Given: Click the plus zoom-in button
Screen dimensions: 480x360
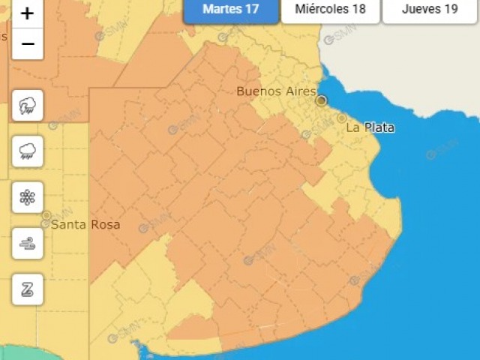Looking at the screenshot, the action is tap(28, 13).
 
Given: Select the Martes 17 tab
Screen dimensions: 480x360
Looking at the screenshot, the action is tap(230, 10).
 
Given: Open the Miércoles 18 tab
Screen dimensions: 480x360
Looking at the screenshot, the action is tap(330, 10).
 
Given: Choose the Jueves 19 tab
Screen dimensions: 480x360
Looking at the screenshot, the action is tap(430, 10).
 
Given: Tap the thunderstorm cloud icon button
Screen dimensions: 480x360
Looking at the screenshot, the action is tap(28, 106).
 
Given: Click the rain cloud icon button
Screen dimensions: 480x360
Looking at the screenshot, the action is tap(28, 152).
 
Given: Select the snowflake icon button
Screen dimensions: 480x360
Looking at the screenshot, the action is tap(28, 197).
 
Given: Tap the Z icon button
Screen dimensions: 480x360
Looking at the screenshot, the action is tap(28, 289).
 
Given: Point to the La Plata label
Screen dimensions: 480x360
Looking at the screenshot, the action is tap(370, 128).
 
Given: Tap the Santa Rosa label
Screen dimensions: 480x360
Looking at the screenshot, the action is tap(85, 225).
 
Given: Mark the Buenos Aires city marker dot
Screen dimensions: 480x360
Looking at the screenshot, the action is tap(322, 100).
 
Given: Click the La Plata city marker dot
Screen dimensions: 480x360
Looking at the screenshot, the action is tap(342, 118).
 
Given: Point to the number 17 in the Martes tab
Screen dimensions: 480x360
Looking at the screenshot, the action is tap(253, 10).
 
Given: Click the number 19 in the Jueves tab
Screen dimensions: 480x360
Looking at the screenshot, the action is tap(451, 10).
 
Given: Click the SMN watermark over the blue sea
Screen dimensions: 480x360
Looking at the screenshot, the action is tap(442, 148).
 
